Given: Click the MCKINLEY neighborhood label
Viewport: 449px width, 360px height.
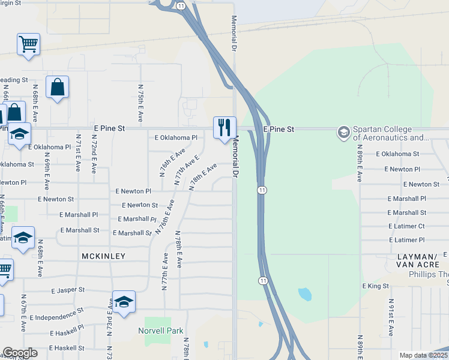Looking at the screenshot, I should pos(104,256).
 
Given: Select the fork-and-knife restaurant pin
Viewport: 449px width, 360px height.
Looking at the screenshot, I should pos(224,128).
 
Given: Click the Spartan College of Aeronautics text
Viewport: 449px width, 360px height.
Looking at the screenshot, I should pos(390,133).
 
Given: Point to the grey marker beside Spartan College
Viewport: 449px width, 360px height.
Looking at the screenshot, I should pos(343,131).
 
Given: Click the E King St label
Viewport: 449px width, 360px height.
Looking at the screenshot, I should pos(376,286).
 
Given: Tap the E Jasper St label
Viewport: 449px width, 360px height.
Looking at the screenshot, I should pos(67,290).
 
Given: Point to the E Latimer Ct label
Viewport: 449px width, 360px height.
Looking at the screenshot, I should pos(406,226).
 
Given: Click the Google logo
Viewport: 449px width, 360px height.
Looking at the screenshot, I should pos(20,353).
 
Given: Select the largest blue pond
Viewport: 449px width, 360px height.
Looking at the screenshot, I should pos(305,294).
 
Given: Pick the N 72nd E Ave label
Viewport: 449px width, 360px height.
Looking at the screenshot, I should pos(94,154).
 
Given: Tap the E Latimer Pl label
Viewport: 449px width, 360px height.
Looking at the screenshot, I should pos(406,240).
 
